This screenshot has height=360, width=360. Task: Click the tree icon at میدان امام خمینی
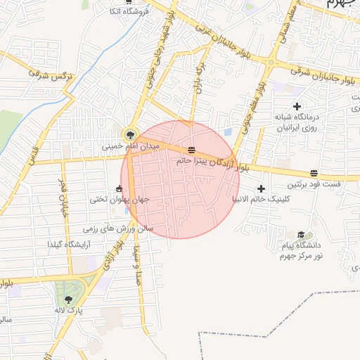pos(130,134)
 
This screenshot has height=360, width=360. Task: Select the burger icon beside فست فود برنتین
pos(314,173)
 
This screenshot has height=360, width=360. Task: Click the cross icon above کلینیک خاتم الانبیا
pos(262,188)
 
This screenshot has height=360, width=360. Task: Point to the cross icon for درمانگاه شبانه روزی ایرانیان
pos(297,106)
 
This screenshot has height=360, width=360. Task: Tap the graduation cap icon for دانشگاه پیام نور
pos(301,235)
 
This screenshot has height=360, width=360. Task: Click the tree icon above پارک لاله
pos(68,300)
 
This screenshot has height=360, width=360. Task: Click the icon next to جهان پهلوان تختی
pos(118,188)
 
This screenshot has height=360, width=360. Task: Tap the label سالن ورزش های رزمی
pos(118,229)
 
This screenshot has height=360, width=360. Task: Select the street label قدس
pos(32,151)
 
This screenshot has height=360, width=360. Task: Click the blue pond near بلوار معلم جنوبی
pos(227,131)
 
